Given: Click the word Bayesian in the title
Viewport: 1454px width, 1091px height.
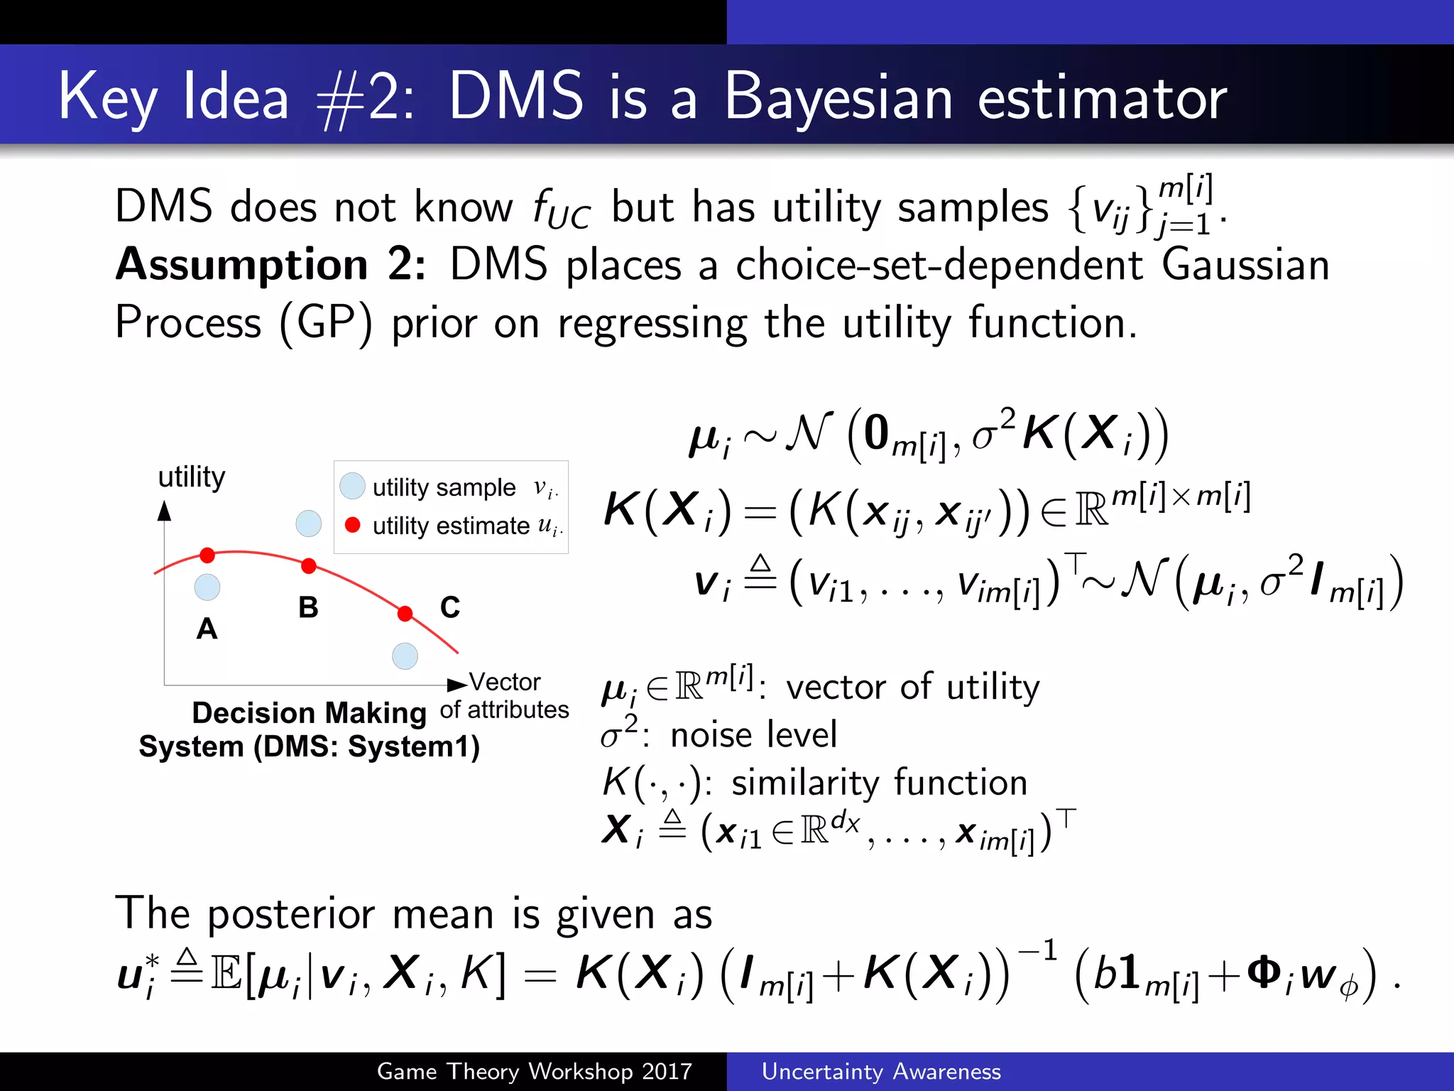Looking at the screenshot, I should coord(838,98).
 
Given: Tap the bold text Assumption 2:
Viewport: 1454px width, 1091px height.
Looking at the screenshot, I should coord(270,264).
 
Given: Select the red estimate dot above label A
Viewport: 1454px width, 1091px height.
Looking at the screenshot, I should coord(207,555).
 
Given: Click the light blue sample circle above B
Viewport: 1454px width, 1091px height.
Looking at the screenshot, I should coord(308,523).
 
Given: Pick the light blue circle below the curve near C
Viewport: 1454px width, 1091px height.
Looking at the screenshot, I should coord(405,656).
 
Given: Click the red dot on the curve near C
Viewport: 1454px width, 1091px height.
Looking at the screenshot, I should coord(405,613).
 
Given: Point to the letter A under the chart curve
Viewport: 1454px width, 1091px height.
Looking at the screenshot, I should coord(207,629).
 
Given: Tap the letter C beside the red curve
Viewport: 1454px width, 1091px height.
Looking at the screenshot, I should coord(450,607).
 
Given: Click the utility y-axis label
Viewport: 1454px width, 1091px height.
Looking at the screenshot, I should coord(191,477).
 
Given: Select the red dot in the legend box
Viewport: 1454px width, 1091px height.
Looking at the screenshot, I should coord(352,525).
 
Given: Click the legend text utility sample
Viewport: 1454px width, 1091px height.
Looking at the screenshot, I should coord(444,487).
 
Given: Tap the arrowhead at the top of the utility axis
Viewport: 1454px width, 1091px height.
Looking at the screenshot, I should coord(165,509).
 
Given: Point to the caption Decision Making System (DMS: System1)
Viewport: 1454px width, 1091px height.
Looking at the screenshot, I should coord(309,729).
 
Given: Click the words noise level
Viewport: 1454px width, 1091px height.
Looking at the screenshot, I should coord(753,734).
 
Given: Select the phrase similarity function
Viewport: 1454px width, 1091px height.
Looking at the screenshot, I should coord(879,782).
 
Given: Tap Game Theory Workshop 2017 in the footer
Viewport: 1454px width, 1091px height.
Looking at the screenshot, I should coord(534,1071).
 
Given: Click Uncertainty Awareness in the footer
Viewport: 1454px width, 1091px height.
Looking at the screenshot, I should coord(881,1071).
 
